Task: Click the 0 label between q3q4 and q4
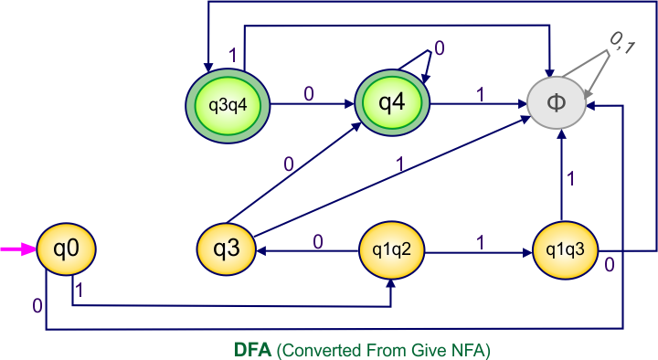pyautogui.click(x=308, y=92)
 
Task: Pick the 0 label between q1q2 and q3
pyautogui.click(x=317, y=241)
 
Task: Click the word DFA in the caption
pyautogui.click(x=251, y=349)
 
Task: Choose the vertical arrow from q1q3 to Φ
pyautogui.click(x=563, y=174)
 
